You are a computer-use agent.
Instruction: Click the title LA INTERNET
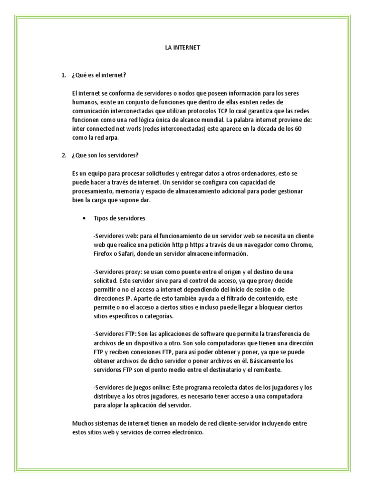tap(183, 48)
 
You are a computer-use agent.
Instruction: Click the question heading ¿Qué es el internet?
tap(99, 75)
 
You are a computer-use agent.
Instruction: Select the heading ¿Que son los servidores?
tap(105, 155)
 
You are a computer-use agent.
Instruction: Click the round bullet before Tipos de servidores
tap(84, 218)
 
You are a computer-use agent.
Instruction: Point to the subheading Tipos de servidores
tap(119, 218)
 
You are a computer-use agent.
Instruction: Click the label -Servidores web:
tap(115, 236)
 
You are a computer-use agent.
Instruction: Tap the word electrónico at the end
tap(186, 432)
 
